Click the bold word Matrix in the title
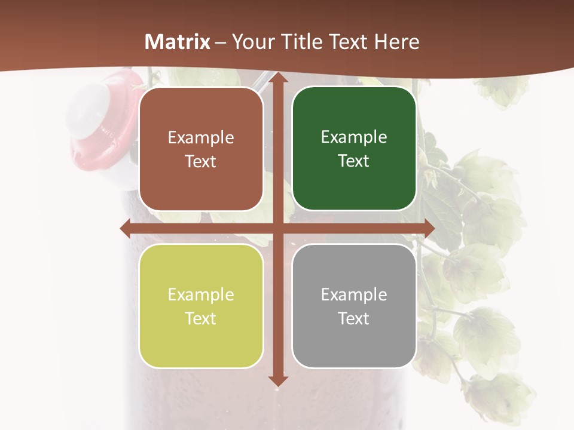(178, 42)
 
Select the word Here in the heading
(396, 42)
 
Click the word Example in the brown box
(201, 138)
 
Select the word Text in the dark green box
(354, 161)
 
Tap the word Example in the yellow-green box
(201, 295)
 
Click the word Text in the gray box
(354, 318)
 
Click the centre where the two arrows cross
(277, 228)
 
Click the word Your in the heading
(251, 42)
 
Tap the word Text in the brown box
(201, 162)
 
